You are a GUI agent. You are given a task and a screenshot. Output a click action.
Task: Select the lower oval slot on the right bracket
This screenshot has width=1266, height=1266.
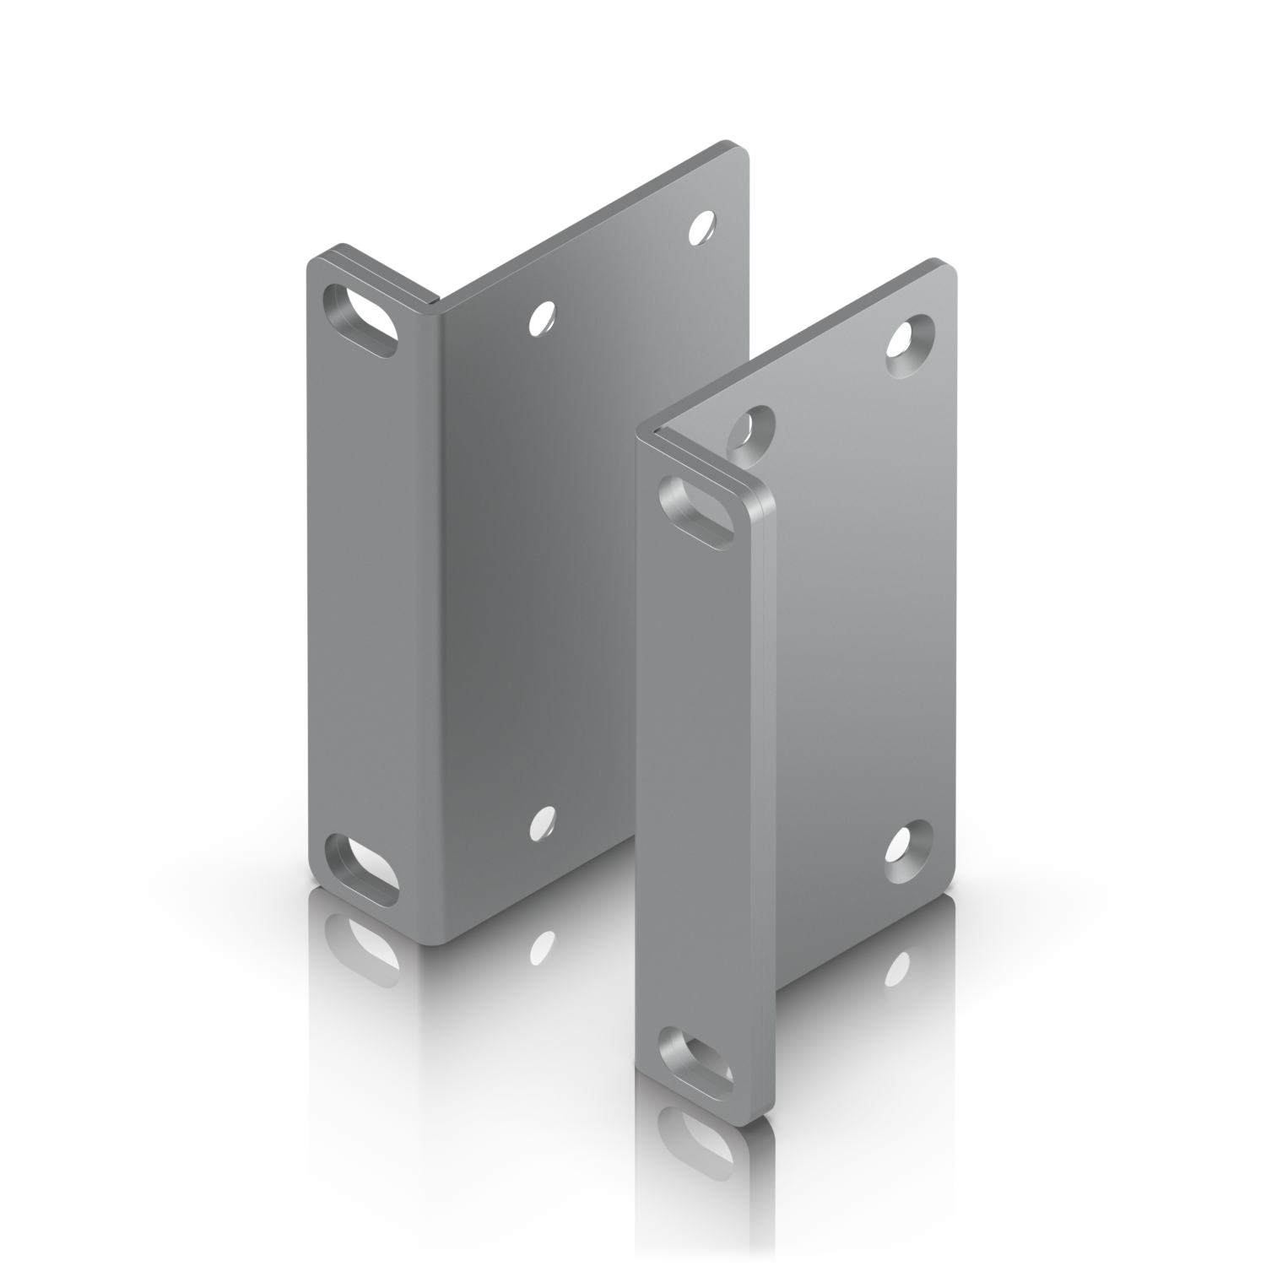699,1053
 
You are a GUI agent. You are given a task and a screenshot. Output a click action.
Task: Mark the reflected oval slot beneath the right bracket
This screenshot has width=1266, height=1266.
699,1135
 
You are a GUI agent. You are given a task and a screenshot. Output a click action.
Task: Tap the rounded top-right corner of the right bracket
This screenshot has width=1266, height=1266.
949,270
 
